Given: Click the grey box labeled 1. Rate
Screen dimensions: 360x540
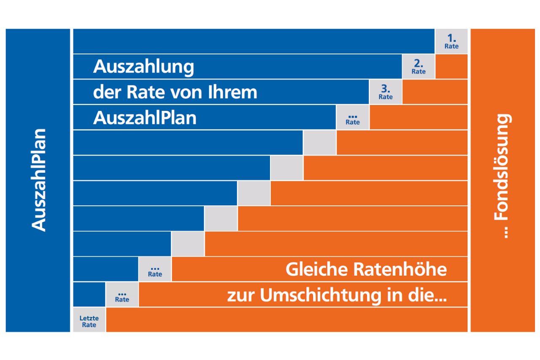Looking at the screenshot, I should pos(451,41).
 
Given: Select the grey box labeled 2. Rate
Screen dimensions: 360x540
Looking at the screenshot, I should pos(418,67).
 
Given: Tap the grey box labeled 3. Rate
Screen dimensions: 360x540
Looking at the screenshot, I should pos(386,92).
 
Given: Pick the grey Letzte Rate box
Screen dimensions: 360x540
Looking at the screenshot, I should pos(89,320).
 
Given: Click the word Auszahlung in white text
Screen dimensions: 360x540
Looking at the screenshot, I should pos(143,67).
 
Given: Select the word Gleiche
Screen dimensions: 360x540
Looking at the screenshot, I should pos(316,269).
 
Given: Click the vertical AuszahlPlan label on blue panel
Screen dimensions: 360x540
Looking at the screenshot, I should pos(38,180).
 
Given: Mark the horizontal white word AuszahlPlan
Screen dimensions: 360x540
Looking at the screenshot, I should pos(145,118).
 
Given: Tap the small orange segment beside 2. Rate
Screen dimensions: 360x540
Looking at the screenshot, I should pos(451,67).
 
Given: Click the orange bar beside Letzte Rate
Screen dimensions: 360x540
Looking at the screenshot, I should pos(287,320).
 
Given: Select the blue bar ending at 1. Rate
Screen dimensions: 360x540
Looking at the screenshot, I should pos(253,41).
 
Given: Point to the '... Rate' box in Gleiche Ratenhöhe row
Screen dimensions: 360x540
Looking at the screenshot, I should pos(155,269).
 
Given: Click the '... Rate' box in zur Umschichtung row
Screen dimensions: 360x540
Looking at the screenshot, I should pos(122,295).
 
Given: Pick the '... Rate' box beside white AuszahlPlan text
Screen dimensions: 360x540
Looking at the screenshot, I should pos(353,117).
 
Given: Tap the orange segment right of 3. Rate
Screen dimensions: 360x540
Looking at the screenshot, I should pos(435,92).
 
